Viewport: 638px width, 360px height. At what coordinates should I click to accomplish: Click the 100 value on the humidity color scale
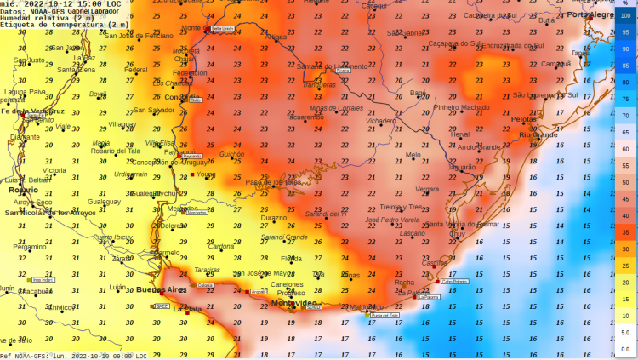(x=625, y=15)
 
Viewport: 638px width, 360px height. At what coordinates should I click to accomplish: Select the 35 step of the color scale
(x=625, y=232)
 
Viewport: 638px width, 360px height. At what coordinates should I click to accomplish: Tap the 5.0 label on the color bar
(x=625, y=332)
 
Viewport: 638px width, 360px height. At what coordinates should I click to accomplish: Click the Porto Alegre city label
(x=591, y=15)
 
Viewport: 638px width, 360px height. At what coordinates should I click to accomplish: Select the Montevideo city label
(x=293, y=304)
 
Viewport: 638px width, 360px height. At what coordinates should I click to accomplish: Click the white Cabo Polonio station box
(x=454, y=281)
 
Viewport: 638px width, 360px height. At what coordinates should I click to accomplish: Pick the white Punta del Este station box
(x=385, y=316)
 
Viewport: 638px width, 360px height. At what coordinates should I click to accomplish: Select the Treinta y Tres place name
(x=401, y=207)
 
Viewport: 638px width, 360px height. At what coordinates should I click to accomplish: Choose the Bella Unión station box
(x=221, y=29)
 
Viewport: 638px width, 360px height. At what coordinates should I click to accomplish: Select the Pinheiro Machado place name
(x=462, y=107)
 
